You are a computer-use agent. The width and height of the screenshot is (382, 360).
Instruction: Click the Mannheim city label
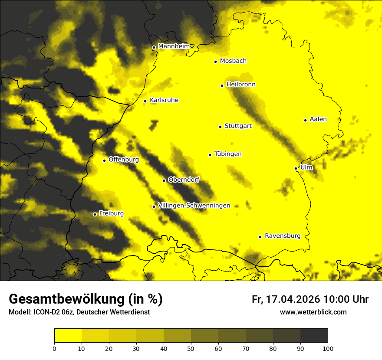click(x=174, y=46)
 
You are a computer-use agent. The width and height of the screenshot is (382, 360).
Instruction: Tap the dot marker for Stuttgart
click(x=220, y=127)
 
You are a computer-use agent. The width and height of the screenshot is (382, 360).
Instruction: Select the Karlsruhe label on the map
click(x=164, y=100)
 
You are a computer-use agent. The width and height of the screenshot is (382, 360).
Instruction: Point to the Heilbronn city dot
click(x=222, y=85)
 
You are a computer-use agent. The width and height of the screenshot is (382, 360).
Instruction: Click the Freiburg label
click(x=111, y=213)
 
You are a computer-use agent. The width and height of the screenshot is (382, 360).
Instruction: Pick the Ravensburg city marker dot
click(x=260, y=237)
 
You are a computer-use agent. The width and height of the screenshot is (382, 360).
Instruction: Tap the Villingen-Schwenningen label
click(x=194, y=206)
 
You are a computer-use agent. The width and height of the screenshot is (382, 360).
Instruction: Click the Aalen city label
click(x=318, y=119)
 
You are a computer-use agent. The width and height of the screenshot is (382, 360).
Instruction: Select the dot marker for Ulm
click(x=296, y=168)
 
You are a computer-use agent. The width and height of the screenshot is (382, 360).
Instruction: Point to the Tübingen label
click(x=228, y=154)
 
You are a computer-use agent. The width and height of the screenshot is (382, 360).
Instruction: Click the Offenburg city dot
click(x=104, y=160)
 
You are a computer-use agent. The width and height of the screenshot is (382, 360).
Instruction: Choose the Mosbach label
click(x=233, y=61)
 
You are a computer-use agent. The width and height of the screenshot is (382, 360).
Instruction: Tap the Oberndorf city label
click(x=184, y=180)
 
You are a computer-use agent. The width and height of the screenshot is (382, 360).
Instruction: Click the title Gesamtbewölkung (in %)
click(x=86, y=299)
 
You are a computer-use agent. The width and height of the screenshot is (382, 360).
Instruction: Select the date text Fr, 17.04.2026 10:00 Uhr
click(x=310, y=299)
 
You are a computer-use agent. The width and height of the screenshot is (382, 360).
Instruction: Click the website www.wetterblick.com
click(x=313, y=312)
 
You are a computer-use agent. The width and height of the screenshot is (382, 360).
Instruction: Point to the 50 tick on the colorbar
click(x=191, y=348)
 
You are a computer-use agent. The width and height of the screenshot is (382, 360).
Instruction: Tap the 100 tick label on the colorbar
click(x=328, y=348)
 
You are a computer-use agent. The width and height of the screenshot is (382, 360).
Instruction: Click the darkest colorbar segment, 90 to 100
click(x=314, y=336)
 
